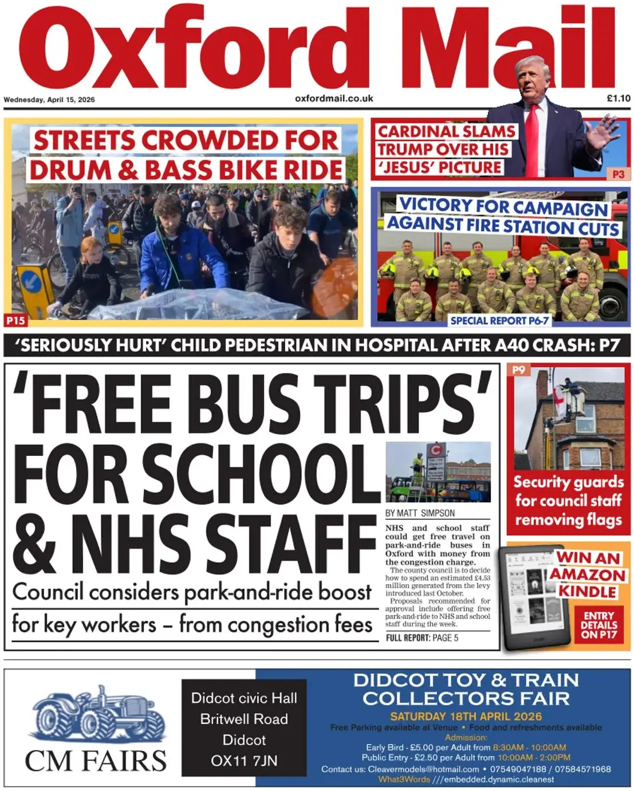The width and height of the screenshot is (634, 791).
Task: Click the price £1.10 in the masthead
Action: [x=618, y=99]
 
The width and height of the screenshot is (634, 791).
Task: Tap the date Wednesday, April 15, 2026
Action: [x=49, y=100]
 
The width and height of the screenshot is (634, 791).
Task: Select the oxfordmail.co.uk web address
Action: [x=334, y=99]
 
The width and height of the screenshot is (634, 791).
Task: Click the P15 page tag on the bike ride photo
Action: [x=15, y=321]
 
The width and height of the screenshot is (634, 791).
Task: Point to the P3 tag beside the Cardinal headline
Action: [x=618, y=174]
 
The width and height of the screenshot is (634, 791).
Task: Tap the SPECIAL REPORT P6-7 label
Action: [x=499, y=321]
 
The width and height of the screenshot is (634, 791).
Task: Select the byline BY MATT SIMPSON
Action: [x=420, y=513]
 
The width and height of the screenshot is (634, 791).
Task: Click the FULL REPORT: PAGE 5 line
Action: [x=422, y=637]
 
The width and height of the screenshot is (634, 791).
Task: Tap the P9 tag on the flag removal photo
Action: [x=519, y=370]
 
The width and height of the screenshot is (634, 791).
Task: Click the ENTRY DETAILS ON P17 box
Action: [x=599, y=625]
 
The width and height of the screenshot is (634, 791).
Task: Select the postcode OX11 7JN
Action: [x=244, y=761]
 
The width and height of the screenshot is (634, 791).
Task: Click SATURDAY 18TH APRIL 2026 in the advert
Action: [x=466, y=716]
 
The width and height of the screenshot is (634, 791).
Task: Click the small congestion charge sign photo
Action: [x=438, y=472]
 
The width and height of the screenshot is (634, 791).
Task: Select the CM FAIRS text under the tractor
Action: [x=96, y=761]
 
